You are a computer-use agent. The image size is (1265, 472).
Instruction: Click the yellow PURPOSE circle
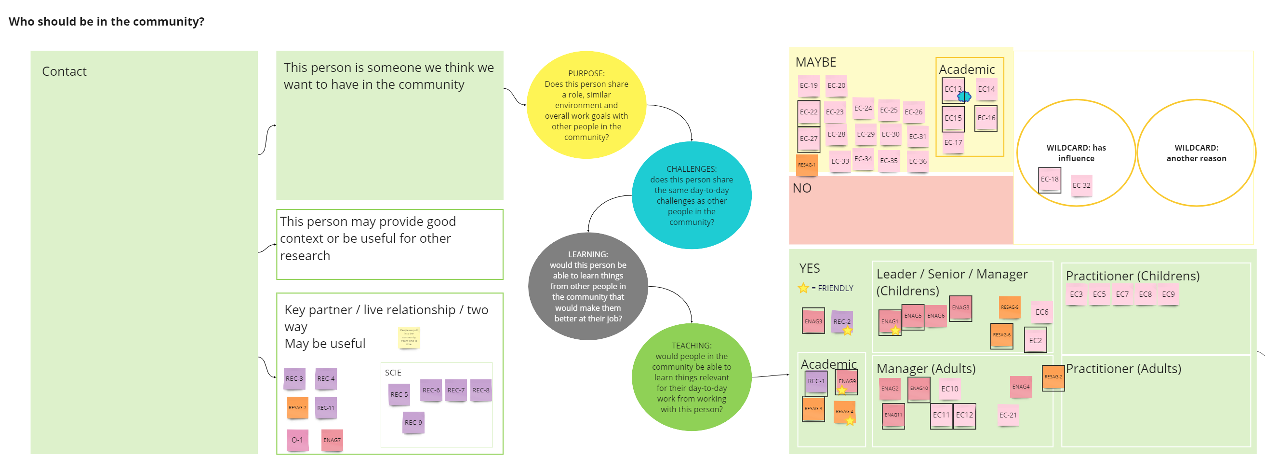click(586, 105)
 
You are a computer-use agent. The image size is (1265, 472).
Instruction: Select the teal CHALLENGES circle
click(691, 195)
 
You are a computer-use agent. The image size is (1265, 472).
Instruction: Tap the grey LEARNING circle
click(588, 286)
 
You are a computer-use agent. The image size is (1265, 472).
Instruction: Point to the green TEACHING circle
click(691, 377)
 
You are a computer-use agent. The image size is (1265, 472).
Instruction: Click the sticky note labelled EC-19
click(808, 85)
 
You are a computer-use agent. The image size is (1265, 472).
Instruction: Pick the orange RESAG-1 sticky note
click(806, 165)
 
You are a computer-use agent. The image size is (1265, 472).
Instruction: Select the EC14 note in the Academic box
click(986, 89)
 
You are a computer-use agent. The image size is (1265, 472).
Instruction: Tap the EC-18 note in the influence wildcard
click(1050, 180)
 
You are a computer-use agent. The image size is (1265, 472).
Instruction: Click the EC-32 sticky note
click(1081, 185)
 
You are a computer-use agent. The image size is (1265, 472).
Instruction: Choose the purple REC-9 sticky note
click(413, 422)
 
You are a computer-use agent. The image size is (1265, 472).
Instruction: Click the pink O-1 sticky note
click(297, 440)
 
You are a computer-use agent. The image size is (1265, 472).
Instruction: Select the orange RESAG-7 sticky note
click(297, 408)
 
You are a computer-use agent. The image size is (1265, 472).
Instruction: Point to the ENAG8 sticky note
click(960, 308)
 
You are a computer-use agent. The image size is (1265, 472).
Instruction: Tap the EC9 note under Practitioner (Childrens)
click(1168, 294)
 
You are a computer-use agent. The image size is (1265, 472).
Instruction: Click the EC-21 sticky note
click(1008, 415)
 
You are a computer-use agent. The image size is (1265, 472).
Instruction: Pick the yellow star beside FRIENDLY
click(803, 288)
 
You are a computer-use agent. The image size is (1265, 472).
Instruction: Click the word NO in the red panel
click(801, 188)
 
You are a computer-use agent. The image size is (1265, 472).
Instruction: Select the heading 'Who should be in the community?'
click(107, 22)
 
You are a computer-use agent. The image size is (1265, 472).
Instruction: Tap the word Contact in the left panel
click(64, 71)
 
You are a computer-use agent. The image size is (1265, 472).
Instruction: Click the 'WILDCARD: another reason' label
click(1196, 153)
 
